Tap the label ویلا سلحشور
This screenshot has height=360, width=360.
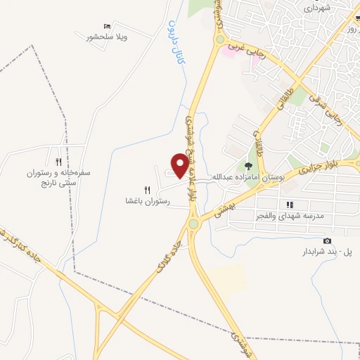coord(107,37)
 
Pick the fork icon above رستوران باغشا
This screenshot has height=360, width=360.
coord(147,189)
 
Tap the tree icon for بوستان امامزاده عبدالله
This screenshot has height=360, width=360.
coord(248,166)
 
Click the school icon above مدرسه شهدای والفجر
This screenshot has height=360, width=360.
coord(289,205)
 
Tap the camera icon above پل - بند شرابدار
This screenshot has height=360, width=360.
coord(327,240)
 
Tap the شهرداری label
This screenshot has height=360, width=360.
coord(316,8)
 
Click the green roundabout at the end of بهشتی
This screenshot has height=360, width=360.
coord(193,224)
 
